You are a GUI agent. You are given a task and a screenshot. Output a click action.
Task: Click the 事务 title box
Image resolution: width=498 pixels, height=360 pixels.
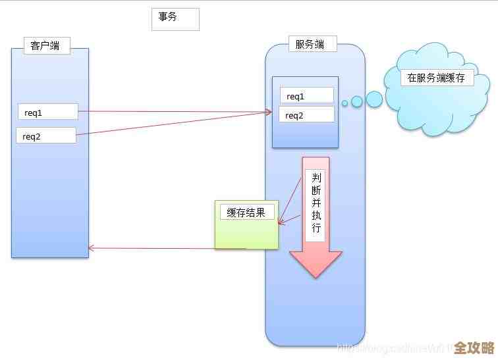(175, 19)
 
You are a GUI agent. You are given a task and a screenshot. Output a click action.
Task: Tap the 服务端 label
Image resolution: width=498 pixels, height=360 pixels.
(312, 44)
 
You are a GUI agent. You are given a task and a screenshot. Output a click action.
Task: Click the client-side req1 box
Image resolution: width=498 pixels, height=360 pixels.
(47, 111)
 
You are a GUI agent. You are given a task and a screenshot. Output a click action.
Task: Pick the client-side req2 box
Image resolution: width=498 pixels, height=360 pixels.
(45, 136)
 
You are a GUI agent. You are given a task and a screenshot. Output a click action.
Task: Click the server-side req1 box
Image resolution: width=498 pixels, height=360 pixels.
(306, 95)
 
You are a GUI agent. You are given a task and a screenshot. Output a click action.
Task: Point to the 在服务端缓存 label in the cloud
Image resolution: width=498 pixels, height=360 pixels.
(437, 77)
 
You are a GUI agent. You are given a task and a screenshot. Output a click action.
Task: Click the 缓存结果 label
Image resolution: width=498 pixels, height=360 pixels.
(246, 212)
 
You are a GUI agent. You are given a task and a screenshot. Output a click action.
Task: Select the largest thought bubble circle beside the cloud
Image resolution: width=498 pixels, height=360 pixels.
(374, 99)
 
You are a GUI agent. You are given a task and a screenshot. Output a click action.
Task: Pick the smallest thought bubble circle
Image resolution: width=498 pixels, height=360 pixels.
(345, 103)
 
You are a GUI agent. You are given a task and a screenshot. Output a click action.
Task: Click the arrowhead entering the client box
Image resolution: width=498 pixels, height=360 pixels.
(91, 248)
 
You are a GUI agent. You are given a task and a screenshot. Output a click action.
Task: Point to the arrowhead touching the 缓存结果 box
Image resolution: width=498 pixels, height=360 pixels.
(280, 222)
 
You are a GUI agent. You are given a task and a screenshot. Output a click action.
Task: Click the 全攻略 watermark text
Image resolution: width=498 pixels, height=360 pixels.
(474, 347)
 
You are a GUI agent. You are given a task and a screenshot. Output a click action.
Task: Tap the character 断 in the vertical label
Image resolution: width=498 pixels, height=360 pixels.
(316, 192)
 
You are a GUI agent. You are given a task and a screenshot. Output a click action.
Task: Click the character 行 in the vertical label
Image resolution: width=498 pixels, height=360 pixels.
(316, 228)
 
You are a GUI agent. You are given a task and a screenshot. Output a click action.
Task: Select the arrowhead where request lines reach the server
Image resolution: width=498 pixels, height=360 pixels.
(269, 113)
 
